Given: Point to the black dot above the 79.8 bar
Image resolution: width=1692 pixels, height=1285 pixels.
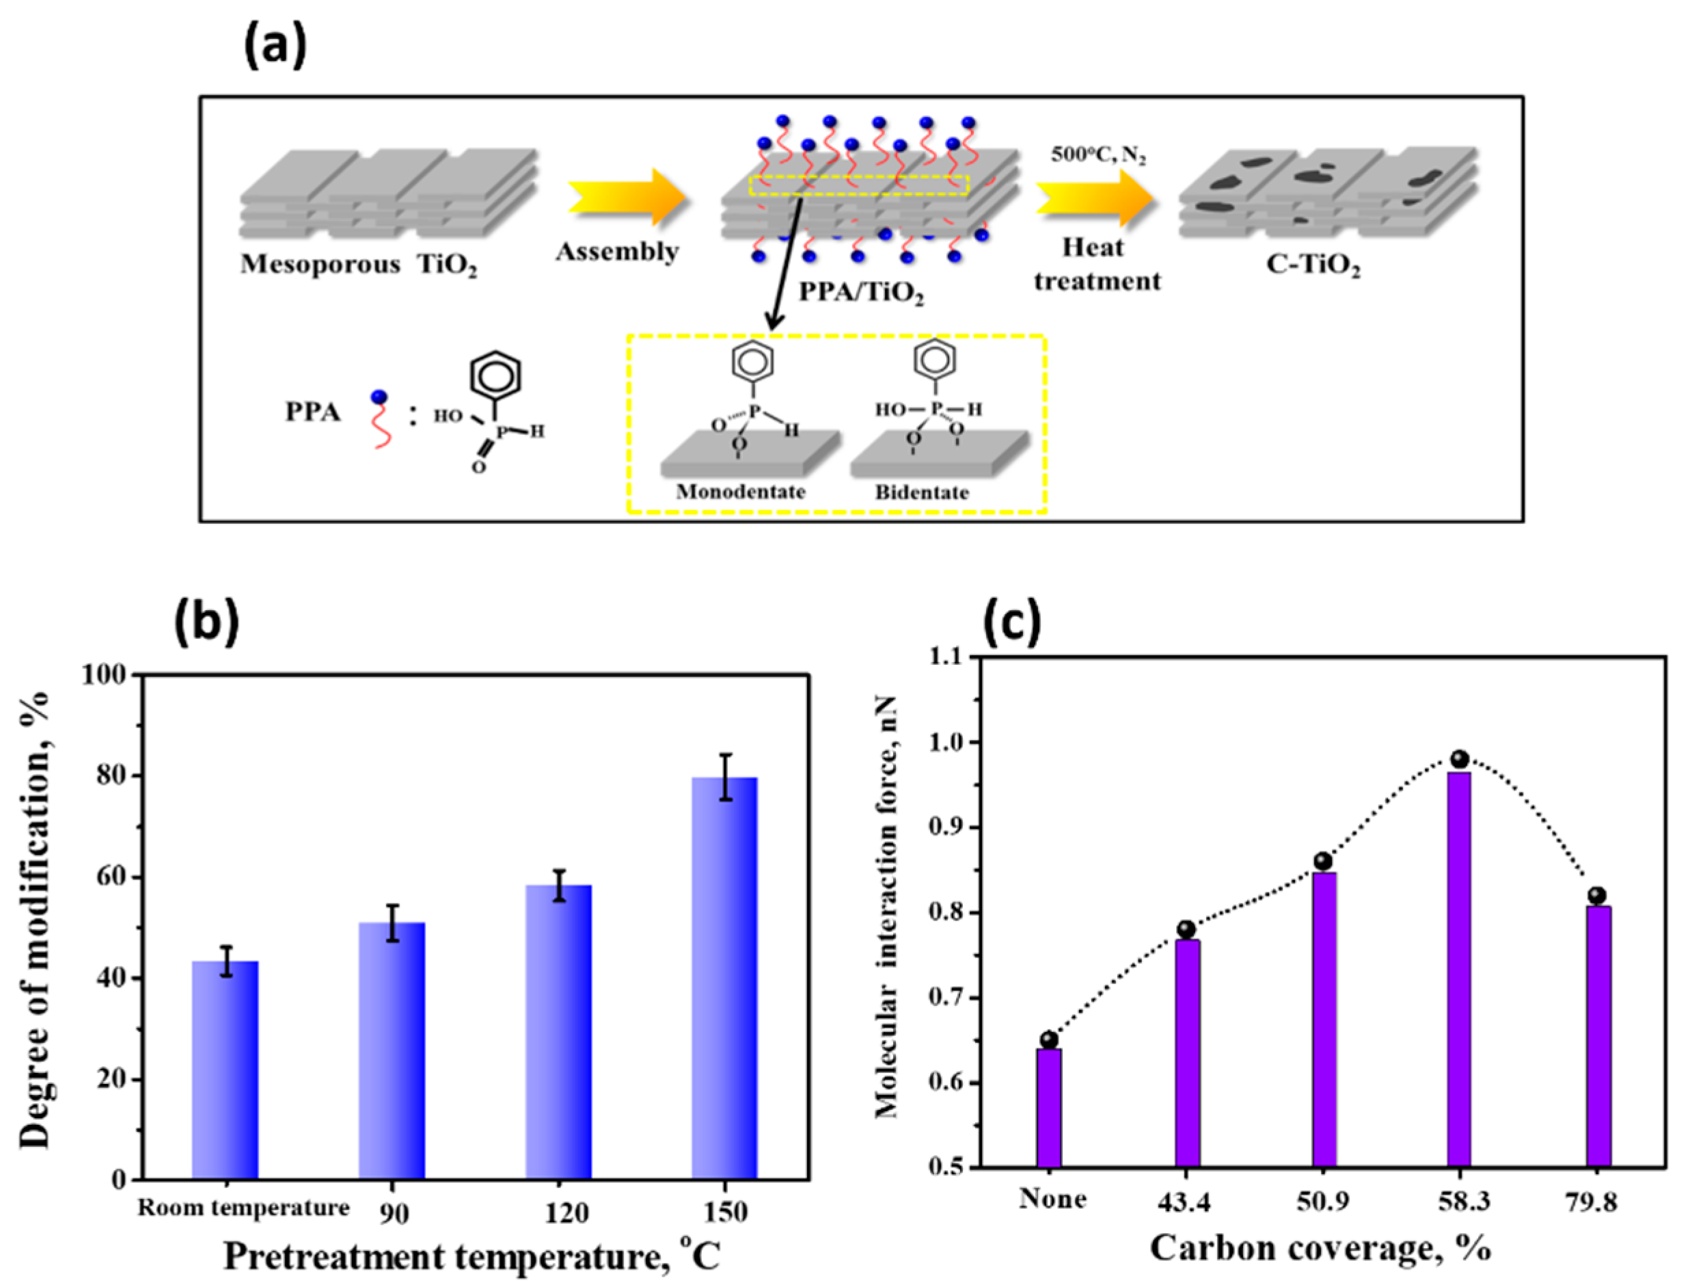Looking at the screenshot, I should pyautogui.click(x=1596, y=896).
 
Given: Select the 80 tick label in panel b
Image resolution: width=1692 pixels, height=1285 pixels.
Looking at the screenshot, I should pyautogui.click(x=107, y=776).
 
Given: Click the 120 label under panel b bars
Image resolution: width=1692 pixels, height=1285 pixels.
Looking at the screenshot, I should pyautogui.click(x=567, y=1213).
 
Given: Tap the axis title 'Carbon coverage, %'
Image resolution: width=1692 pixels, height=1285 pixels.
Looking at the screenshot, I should pyautogui.click(x=1320, y=1248).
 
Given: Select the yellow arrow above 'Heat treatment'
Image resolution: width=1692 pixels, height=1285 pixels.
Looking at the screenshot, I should pyautogui.click(x=1095, y=198).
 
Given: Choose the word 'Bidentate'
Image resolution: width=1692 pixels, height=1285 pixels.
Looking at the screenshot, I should pyautogui.click(x=922, y=492).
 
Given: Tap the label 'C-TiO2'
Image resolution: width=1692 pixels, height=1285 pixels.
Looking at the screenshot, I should pyautogui.click(x=1313, y=265).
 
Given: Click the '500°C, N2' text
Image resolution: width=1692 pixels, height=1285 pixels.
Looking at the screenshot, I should pyautogui.click(x=1098, y=155).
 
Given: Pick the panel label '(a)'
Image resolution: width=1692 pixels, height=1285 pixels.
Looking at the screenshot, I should pyautogui.click(x=275, y=46).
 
